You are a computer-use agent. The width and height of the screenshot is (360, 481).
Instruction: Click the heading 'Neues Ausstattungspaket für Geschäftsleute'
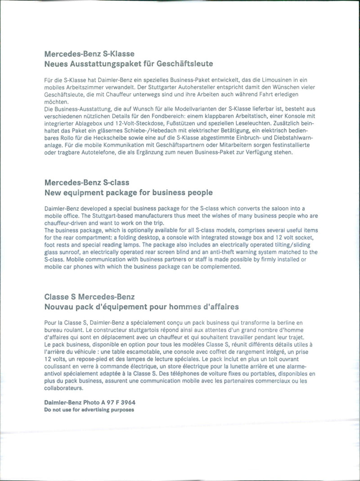129,63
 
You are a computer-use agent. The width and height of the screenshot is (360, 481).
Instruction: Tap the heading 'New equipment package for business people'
129,193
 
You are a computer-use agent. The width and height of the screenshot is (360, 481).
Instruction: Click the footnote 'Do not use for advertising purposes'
89,410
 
